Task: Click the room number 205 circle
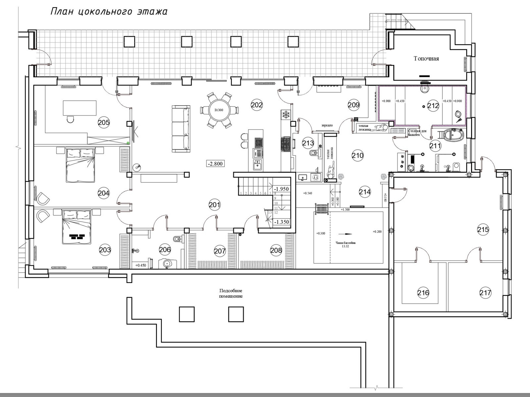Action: (104, 123)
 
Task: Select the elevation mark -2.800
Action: (215, 163)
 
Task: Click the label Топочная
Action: (426, 59)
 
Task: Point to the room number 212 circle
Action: (433, 106)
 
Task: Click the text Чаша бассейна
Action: (345, 243)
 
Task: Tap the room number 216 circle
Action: (423, 293)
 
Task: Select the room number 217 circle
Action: (485, 293)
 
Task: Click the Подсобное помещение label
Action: (231, 293)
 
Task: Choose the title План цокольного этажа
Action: (109, 12)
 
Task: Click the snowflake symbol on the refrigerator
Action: (285, 115)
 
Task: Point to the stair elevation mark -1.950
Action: (281, 189)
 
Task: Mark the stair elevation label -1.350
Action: (281, 222)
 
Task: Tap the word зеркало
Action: (327, 126)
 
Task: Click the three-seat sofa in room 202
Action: (181, 129)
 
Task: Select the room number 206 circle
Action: (165, 250)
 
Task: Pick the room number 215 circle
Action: (483, 229)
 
